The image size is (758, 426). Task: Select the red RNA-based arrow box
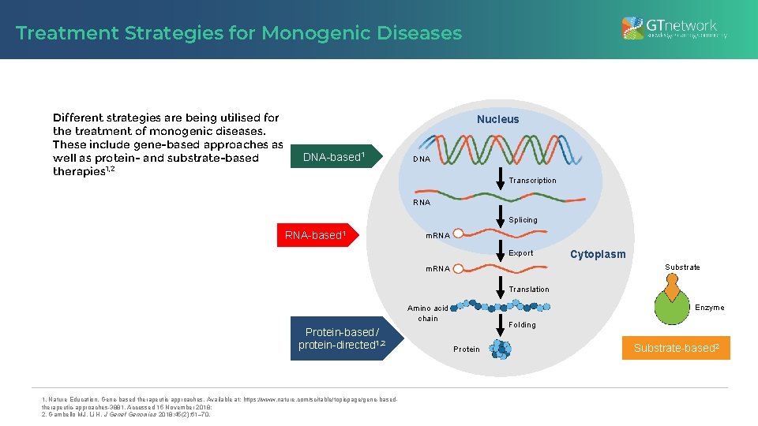click(x=316, y=235)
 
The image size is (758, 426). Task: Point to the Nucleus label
click(x=497, y=119)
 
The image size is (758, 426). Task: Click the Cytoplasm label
click(x=598, y=254)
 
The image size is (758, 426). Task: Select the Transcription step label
click(x=532, y=181)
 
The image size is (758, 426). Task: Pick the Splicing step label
click(x=523, y=220)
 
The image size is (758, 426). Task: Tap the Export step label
click(x=520, y=253)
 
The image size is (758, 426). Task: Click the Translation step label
click(x=529, y=290)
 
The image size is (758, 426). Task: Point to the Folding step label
click(x=522, y=325)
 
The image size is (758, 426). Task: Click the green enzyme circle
click(x=672, y=310)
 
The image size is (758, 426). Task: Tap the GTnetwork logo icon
click(x=632, y=28)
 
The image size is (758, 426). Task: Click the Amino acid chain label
click(x=428, y=313)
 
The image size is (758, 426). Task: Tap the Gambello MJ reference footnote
click(x=126, y=414)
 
